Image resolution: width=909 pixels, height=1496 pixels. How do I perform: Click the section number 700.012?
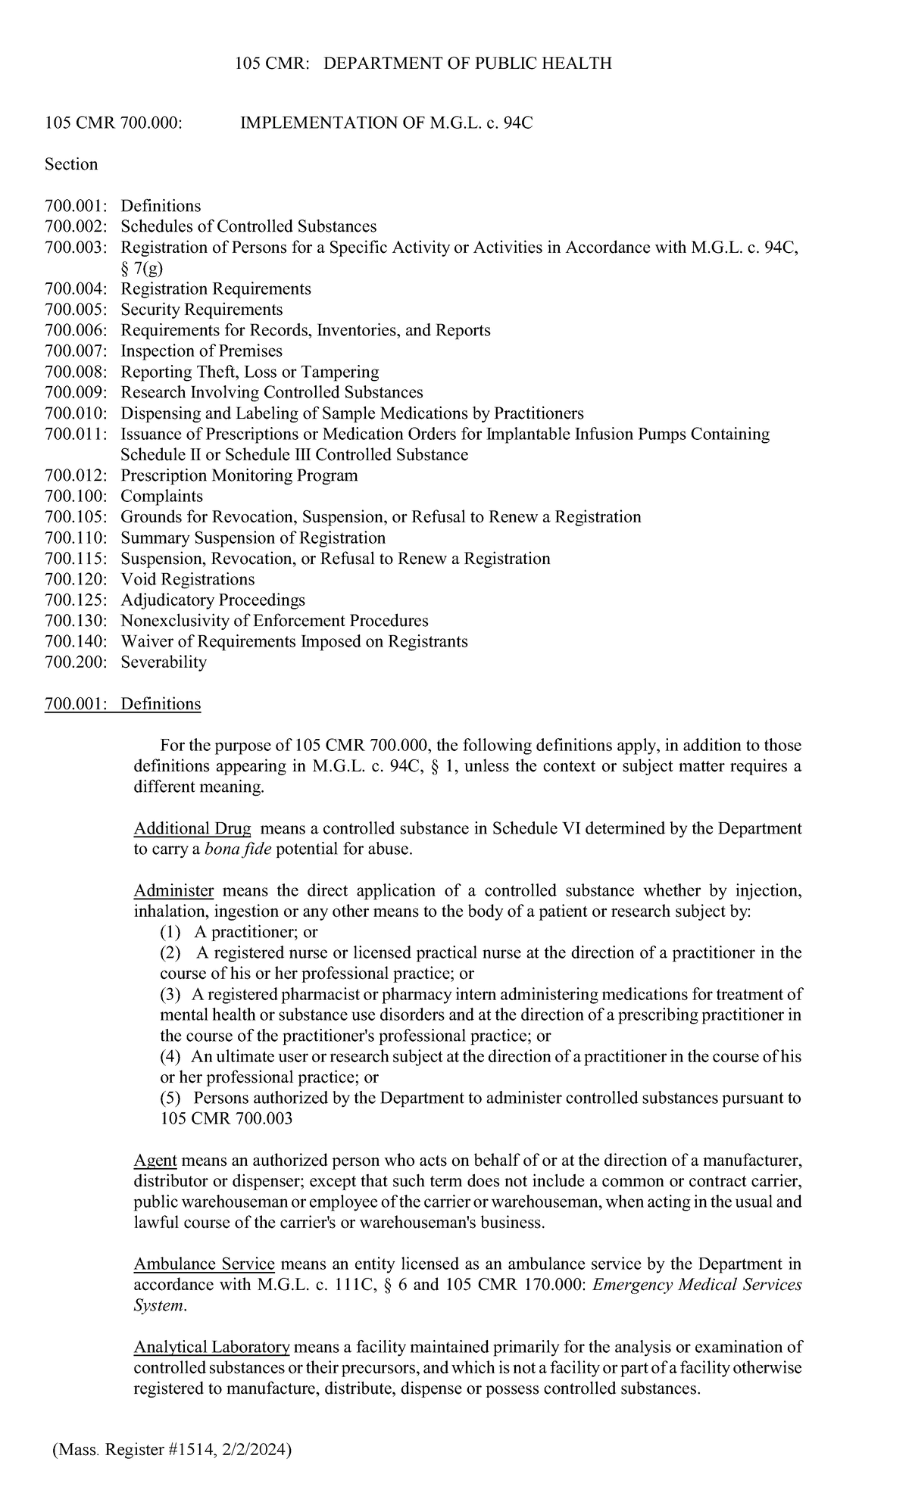pos(75,475)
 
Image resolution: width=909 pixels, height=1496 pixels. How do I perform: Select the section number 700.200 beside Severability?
pos(75,662)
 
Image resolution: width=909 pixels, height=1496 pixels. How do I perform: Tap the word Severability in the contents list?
pos(164,662)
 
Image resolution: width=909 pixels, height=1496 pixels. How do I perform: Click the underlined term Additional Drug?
pos(192,828)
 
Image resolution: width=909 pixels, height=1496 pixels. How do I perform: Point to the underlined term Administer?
pos(173,890)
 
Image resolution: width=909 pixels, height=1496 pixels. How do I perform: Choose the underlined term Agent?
pos(155,1161)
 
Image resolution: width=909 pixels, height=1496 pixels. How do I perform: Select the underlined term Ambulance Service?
pos(204,1264)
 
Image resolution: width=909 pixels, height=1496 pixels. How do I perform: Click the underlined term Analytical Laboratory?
pos(211,1347)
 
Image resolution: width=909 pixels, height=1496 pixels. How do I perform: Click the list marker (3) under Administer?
pos(170,994)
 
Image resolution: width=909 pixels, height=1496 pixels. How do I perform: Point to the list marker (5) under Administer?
pos(170,1098)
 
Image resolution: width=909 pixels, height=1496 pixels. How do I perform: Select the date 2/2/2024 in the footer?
pos(255,1450)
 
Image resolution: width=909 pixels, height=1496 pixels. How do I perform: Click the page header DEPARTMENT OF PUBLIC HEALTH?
pos(467,64)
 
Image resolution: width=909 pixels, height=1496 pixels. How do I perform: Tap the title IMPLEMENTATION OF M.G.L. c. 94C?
pos(386,123)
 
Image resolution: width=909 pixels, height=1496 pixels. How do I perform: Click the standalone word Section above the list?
pos(71,164)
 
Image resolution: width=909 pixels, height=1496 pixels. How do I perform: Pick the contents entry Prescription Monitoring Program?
pos(239,475)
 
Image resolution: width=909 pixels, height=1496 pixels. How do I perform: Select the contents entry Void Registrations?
pos(188,579)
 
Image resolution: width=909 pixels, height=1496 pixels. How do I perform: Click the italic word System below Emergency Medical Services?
pos(158,1306)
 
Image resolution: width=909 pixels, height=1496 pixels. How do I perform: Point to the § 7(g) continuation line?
pos(142,268)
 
